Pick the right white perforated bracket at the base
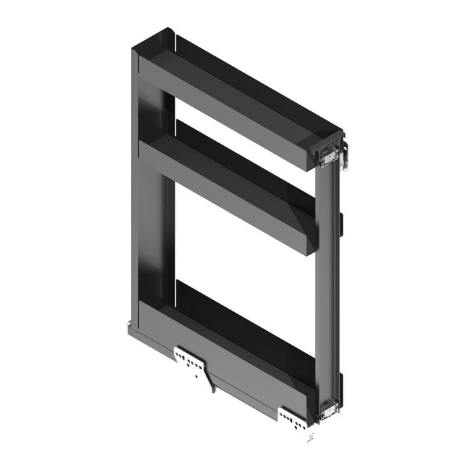coord(292,417)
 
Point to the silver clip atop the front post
coord(329,158)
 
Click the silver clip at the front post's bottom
coord(328,408)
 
